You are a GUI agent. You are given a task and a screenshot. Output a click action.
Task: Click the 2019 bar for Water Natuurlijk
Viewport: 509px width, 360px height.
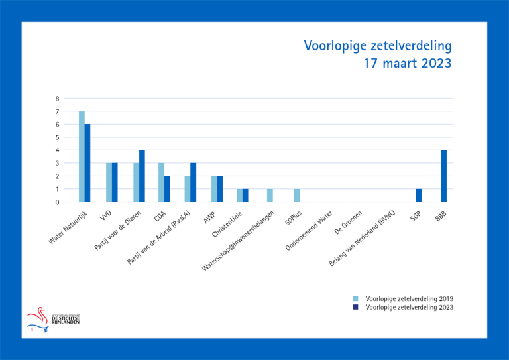(x=82, y=156)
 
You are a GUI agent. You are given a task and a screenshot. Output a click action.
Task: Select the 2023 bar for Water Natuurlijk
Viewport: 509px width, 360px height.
(x=87, y=163)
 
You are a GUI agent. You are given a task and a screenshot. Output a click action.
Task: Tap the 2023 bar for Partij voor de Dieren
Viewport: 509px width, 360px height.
(x=142, y=176)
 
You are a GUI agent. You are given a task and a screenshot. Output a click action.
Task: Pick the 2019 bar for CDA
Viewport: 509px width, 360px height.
(x=161, y=182)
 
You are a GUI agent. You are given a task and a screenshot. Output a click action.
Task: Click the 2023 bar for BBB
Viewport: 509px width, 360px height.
(x=444, y=176)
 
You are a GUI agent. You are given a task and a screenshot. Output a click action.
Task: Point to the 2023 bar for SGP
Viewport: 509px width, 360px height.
(x=418, y=196)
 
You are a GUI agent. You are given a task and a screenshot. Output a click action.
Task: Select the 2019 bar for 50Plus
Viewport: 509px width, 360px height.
(x=297, y=196)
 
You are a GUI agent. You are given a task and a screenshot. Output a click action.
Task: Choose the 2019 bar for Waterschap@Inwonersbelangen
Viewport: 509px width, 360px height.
(x=270, y=196)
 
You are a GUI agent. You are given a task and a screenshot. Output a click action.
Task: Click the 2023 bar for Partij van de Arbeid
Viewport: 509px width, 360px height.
(x=193, y=182)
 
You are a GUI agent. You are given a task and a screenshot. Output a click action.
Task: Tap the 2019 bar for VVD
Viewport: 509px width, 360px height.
(x=109, y=182)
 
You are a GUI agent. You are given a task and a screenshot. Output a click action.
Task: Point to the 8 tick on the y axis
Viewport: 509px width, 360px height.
(x=58, y=99)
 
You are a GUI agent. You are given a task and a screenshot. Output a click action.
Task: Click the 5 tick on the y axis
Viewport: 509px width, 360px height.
(x=58, y=137)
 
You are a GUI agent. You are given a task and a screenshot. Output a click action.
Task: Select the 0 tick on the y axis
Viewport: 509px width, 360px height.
(x=58, y=202)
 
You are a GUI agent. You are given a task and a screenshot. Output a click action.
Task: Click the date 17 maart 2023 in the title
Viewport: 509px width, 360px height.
(x=408, y=64)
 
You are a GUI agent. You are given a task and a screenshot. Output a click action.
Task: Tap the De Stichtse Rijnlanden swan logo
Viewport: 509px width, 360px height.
(x=38, y=319)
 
